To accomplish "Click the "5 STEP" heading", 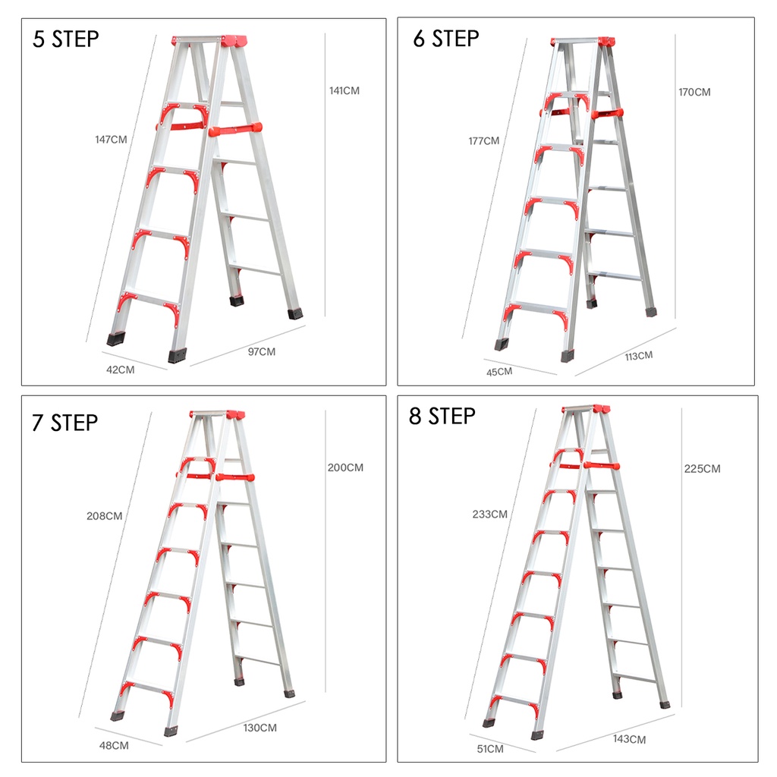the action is tap(66, 39).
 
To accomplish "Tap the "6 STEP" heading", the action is tap(446, 38).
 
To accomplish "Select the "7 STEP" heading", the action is tap(65, 423).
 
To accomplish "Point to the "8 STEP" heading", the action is tap(442, 416).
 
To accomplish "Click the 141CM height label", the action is tap(344, 91).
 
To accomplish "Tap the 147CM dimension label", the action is tap(111, 140).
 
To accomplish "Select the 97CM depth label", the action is tap(262, 352).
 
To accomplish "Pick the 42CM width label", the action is tap(121, 370).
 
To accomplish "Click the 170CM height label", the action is tap(694, 92).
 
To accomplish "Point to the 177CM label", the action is tap(484, 141).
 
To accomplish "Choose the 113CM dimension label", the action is tap(639, 356).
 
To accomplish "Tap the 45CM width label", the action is tap(499, 372).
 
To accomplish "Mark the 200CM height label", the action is tap(345, 467).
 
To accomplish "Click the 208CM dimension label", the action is tap(105, 516).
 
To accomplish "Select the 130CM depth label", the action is tap(260, 728).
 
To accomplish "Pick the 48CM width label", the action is tap(114, 745).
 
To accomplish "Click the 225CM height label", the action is tap(702, 469).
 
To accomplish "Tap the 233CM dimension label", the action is tap(489, 514).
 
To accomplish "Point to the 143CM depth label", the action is tap(629, 739).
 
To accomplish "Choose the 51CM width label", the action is tap(490, 749).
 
